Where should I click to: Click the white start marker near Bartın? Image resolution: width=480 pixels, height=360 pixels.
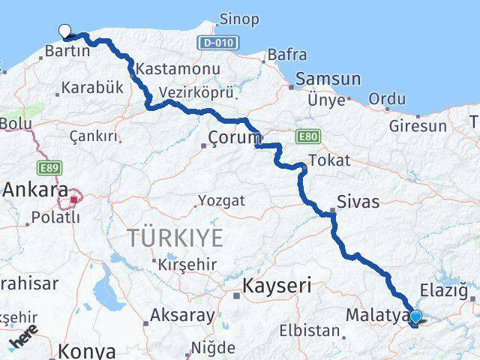pos(65,31)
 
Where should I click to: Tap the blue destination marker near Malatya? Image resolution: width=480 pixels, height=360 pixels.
pos(415,317)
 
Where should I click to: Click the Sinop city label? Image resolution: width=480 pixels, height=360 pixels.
pos(239,19)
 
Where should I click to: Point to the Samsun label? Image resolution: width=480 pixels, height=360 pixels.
pos(328,79)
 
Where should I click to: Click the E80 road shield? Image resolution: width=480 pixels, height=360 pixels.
pos(307,136)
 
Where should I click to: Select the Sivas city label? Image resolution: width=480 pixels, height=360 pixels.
pos(358,202)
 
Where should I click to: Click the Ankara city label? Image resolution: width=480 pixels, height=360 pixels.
pos(35,190)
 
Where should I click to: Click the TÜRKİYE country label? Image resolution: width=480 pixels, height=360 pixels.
pos(175,238)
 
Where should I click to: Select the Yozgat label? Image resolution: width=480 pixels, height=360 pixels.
pos(221,201)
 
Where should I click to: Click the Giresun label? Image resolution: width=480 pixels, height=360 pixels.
pos(417,126)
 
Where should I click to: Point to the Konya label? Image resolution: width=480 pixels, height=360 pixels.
pos(88,351)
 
